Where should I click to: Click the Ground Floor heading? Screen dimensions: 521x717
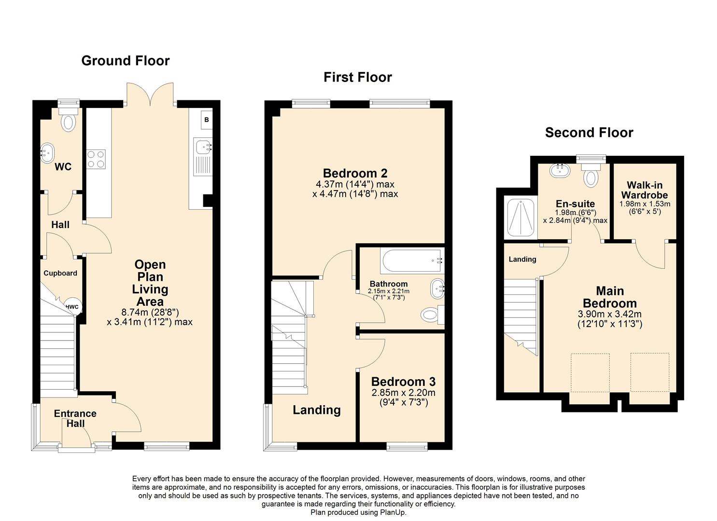point(125,61)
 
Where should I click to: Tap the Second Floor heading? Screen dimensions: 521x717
point(589,133)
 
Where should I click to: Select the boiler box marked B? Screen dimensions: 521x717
point(206,120)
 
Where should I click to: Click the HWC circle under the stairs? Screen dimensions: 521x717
point(72,306)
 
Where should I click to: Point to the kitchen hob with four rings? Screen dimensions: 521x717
point(96,159)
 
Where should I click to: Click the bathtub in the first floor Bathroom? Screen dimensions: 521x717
point(411,261)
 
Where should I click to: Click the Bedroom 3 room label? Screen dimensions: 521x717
point(403,382)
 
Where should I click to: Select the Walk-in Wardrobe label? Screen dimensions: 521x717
point(644,190)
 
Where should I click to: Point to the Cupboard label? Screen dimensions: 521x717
point(60,273)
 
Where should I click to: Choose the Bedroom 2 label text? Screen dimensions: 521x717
point(355,173)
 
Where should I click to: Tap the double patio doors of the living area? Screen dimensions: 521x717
point(151,94)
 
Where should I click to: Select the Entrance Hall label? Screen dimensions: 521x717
point(75,419)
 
